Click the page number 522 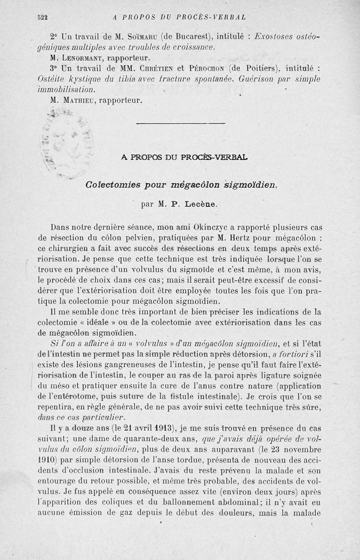(x=43, y=18)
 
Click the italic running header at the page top (x=179, y=18)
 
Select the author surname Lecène (x=200, y=204)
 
